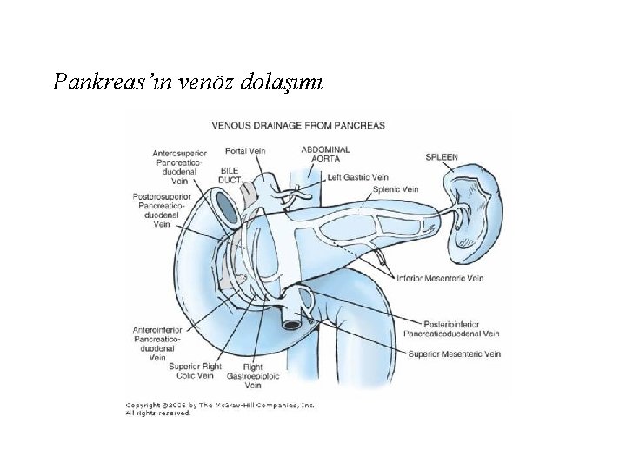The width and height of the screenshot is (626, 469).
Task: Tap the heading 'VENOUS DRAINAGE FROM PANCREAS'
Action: pos(298,125)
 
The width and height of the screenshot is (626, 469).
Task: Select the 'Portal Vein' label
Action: pos(244,150)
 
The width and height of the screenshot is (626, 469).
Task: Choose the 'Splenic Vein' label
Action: pos(396,188)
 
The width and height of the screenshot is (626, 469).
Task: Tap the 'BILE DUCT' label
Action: pos(230,175)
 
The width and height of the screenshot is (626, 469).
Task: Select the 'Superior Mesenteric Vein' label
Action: pos(455,354)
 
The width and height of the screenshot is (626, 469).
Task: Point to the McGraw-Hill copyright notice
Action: pos(220,409)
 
